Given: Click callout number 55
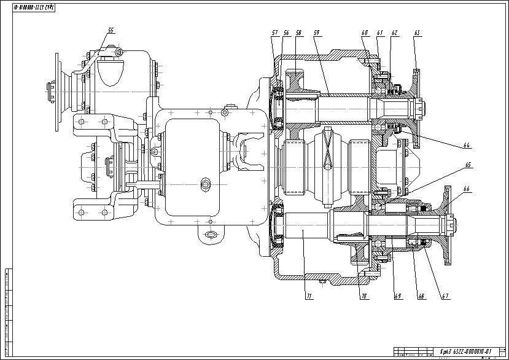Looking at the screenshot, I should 111,29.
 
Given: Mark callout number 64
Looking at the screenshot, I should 467,145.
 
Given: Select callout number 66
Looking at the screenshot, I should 467,189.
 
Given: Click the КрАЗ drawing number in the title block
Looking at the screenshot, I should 467,351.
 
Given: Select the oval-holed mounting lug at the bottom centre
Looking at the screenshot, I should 210,234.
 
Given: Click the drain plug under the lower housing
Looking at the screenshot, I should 322,283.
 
